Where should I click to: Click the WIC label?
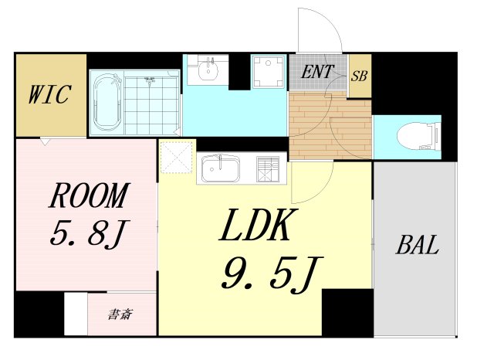[49, 94]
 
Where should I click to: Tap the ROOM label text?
[90, 195]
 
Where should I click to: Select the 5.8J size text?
[90, 233]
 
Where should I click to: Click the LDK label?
[255, 225]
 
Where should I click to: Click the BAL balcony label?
[417, 245]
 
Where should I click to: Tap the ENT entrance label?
[317, 72]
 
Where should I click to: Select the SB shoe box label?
[359, 76]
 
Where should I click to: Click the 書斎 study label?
[120, 314]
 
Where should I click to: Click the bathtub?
[108, 103]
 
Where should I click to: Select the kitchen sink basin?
[220, 169]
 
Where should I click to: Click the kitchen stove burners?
[268, 169]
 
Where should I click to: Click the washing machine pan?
[268, 71]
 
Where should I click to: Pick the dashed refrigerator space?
[177, 157]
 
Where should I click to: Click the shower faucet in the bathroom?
[149, 81]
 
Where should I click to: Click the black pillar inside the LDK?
[347, 312]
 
